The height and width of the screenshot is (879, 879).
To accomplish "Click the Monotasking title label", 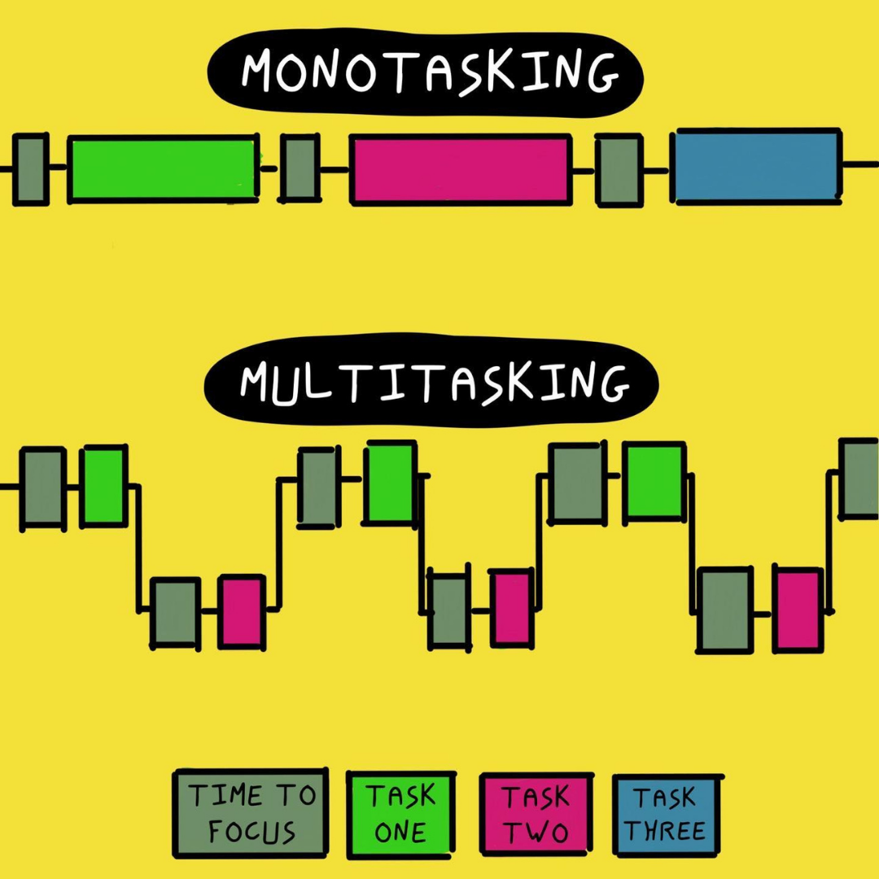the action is click(425, 73).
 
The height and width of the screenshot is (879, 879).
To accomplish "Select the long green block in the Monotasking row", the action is click(163, 168).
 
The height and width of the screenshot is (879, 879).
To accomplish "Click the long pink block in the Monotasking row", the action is click(461, 169).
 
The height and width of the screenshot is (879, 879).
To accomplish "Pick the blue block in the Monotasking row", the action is click(758, 166).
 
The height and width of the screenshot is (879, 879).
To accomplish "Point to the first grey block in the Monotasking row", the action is click(30, 168).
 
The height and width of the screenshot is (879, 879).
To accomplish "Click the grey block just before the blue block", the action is click(619, 170).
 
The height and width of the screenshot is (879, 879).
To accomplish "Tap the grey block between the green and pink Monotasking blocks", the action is click(300, 168).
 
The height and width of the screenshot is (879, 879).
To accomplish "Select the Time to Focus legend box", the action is click(250, 813).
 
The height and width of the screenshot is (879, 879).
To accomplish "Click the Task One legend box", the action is click(400, 815).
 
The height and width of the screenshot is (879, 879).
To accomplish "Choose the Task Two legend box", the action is click(536, 814).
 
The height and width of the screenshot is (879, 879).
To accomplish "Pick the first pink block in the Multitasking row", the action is click(242, 611).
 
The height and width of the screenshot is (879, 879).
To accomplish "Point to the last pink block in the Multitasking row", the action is click(798, 609).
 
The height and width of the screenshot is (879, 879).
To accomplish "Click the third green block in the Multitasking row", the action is click(654, 482).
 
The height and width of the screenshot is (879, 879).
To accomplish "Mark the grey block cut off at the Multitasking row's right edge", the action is click(859, 479).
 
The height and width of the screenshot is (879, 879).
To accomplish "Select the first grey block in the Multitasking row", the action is click(43, 488).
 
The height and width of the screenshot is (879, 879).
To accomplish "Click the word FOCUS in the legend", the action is click(251, 831).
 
